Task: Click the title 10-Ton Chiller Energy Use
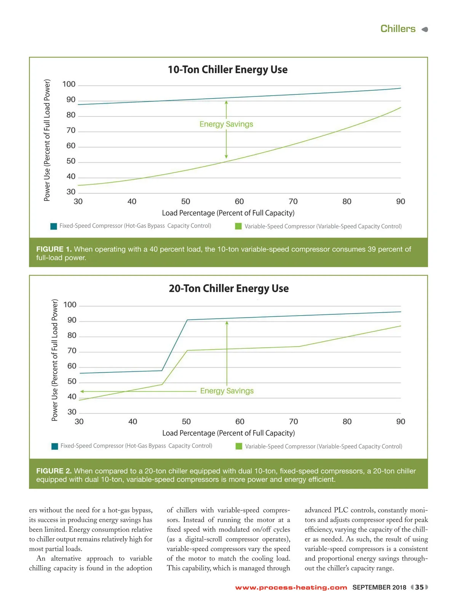coord(228,70)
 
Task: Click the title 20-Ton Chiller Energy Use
coord(228,289)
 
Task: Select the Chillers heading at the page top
coord(398,29)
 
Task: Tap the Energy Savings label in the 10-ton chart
coord(226,124)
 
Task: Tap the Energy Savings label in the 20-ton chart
coord(227,391)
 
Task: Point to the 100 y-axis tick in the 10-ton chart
coord(69,84)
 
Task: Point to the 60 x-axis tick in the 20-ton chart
coord(240,422)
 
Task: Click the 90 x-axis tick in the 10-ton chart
coord(401,201)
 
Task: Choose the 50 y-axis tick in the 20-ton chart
coord(72,381)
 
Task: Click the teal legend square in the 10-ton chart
coord(54,226)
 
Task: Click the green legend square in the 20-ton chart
coord(239,446)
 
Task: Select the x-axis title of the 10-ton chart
coord(228,213)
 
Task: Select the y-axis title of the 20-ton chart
coord(55,360)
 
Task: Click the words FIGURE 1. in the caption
coord(54,249)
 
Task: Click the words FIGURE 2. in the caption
coord(54,471)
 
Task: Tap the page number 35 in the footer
coord(419,587)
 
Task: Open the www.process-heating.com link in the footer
coord(291,588)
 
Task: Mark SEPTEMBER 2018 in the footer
coord(379,587)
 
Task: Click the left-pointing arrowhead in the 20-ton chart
coord(82,391)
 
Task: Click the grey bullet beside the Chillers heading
coord(425,29)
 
